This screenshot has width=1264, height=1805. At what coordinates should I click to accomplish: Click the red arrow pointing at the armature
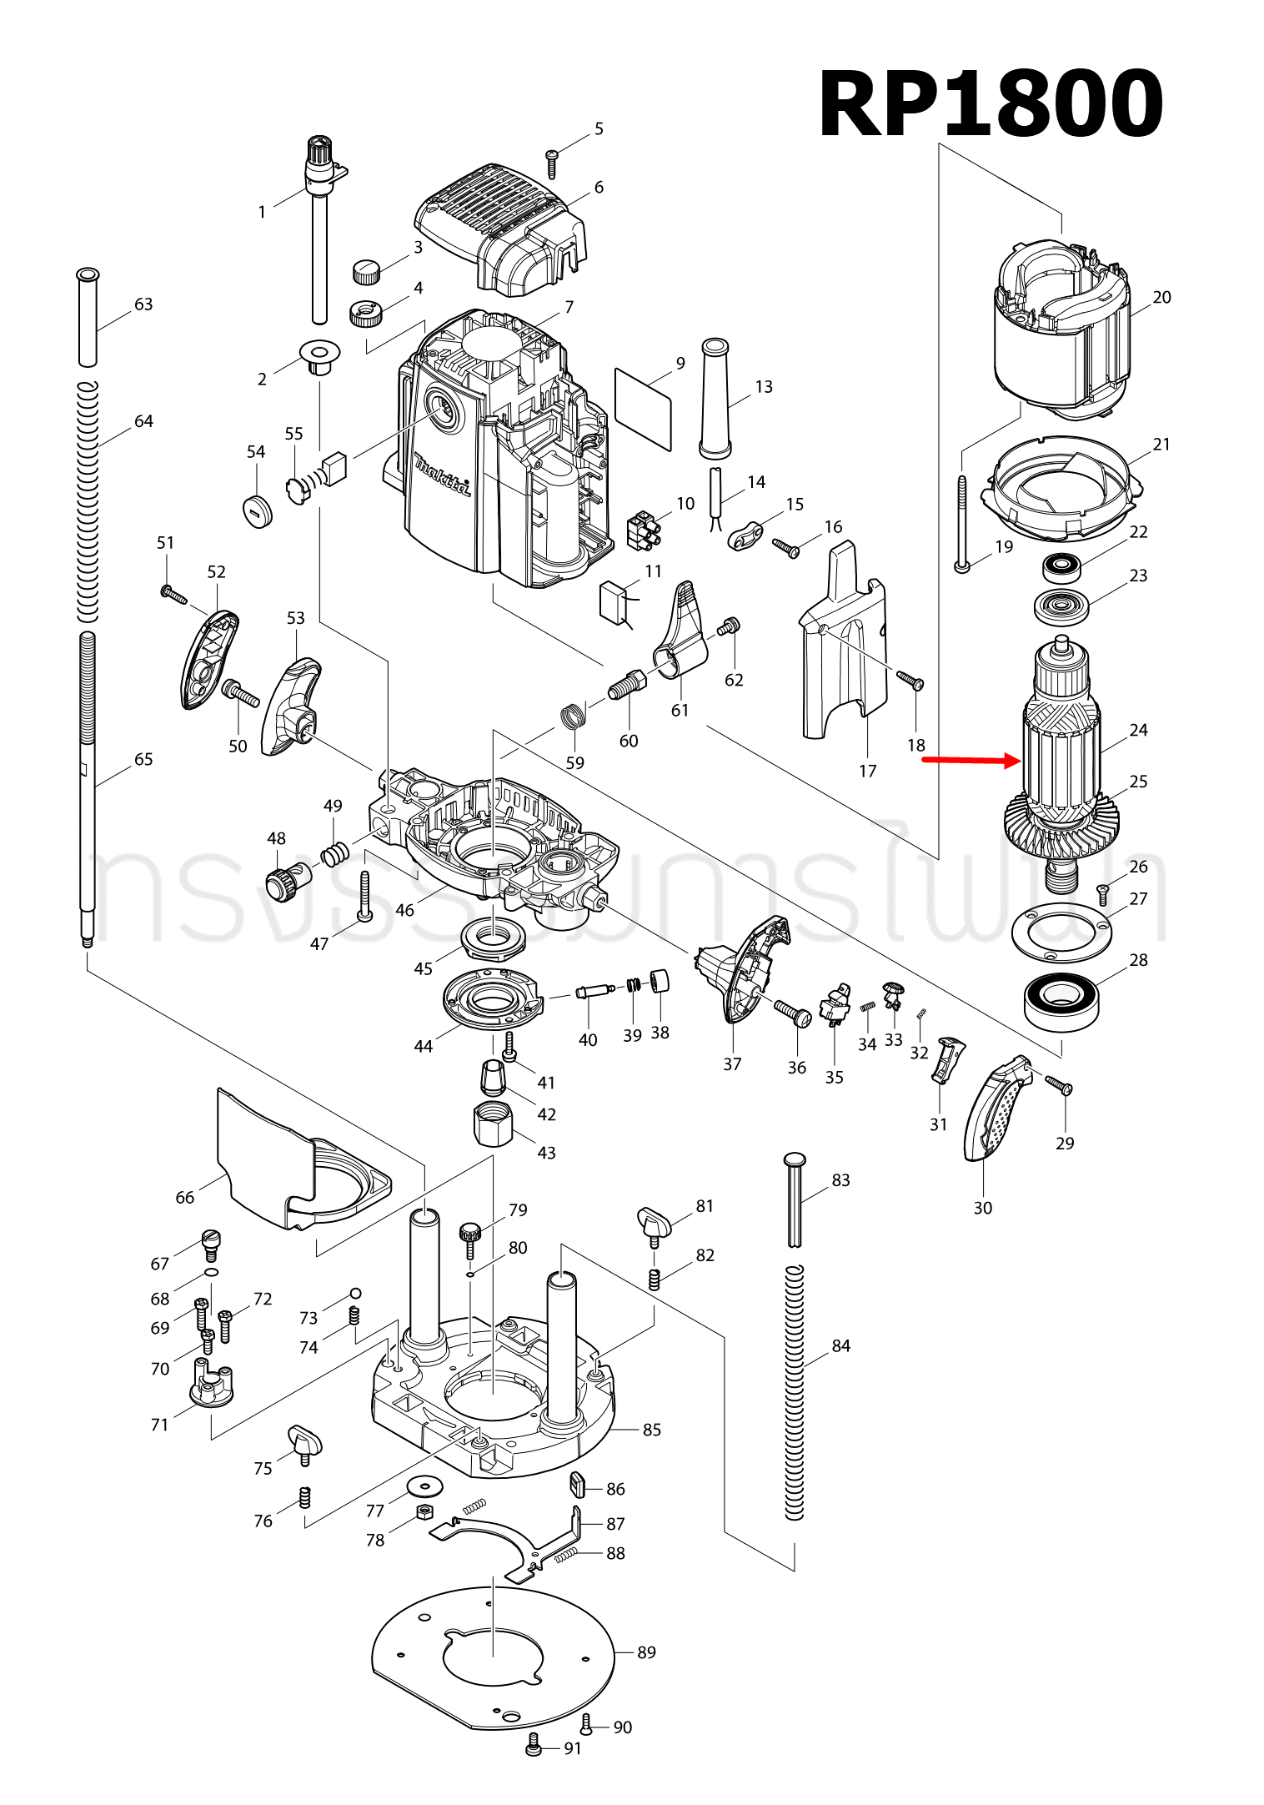click(x=971, y=760)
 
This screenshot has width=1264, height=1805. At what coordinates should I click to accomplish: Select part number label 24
click(x=1138, y=730)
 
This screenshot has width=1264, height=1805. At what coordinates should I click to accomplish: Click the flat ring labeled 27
click(x=1061, y=933)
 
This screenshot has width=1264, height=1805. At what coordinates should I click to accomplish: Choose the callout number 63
click(x=143, y=304)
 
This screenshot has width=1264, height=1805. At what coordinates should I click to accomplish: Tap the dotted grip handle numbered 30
click(x=997, y=1109)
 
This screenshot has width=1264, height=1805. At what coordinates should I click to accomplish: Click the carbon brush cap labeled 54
click(x=257, y=509)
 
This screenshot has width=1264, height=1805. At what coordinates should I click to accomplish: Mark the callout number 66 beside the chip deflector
click(x=184, y=1198)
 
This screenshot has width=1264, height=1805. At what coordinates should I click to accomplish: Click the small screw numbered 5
click(x=551, y=163)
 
